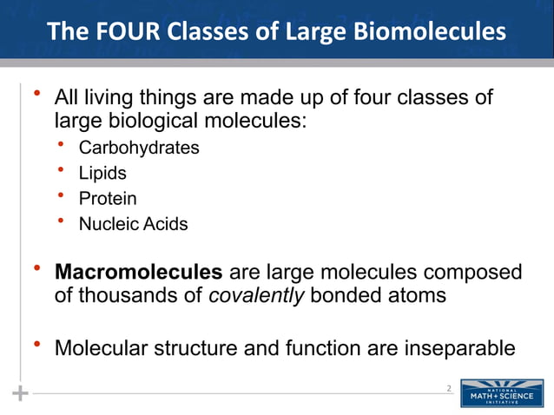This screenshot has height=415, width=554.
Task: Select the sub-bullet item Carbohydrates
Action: [x=139, y=148]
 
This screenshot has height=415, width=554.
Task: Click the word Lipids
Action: [x=102, y=173]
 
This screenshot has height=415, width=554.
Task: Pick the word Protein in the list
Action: [x=108, y=199]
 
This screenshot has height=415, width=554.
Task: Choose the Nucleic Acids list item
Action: [x=133, y=224]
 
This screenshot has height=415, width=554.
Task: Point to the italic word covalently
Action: [x=257, y=295]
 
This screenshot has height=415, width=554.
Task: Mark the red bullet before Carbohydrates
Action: [x=61, y=144]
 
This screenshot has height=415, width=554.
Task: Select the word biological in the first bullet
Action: [x=143, y=119]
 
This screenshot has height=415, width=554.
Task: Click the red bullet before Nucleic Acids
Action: [x=61, y=221]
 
